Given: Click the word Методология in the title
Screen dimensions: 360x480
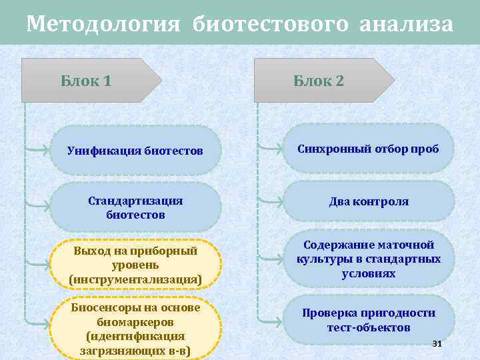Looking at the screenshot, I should click(103, 25).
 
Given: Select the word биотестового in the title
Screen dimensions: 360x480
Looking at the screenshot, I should click(271, 25).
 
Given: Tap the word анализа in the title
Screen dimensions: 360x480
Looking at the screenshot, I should click(406, 25).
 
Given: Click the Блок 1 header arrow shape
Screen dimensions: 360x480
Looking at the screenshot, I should click(90, 81).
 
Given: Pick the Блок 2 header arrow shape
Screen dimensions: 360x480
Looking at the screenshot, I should click(323, 81).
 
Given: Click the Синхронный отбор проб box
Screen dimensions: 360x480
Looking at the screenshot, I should click(368, 149).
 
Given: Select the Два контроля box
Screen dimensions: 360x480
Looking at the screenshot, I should click(368, 201).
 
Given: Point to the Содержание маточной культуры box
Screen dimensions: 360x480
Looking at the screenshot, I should click(368, 259).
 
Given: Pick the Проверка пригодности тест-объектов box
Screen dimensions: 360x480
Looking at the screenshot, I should click(368, 320).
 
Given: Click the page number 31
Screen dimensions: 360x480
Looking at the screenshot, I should click(437, 344).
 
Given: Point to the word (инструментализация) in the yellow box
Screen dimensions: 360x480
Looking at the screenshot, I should click(135, 279).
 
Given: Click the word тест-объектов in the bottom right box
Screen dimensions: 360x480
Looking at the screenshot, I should click(369, 327).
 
